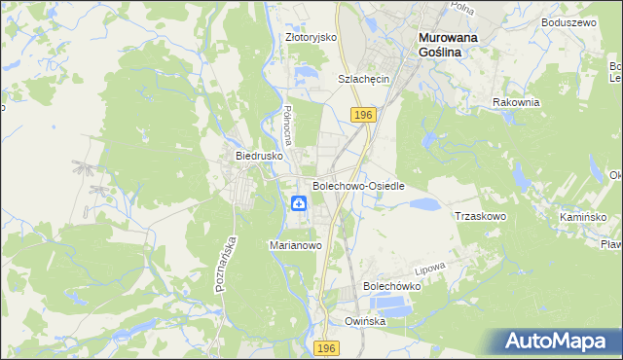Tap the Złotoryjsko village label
coord(311,37)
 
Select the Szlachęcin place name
coord(363,79)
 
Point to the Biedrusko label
coord(259,155)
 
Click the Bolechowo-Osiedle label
coord(358,185)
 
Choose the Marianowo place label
coord(295,246)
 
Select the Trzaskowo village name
coord(480,216)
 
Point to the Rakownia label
coord(516,102)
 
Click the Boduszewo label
coord(570,21)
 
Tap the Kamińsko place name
coord(583,217)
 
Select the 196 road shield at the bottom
coord(327,347)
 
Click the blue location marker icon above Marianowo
coord(299,202)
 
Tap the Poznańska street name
coord(224,264)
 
